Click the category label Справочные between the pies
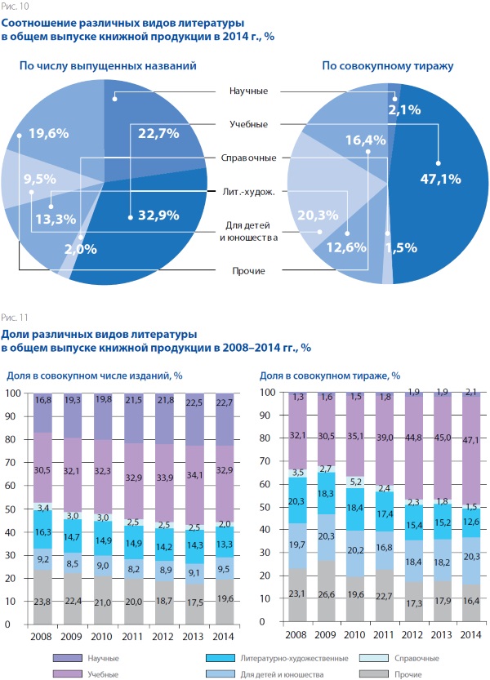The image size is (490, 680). pos(248,158)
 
